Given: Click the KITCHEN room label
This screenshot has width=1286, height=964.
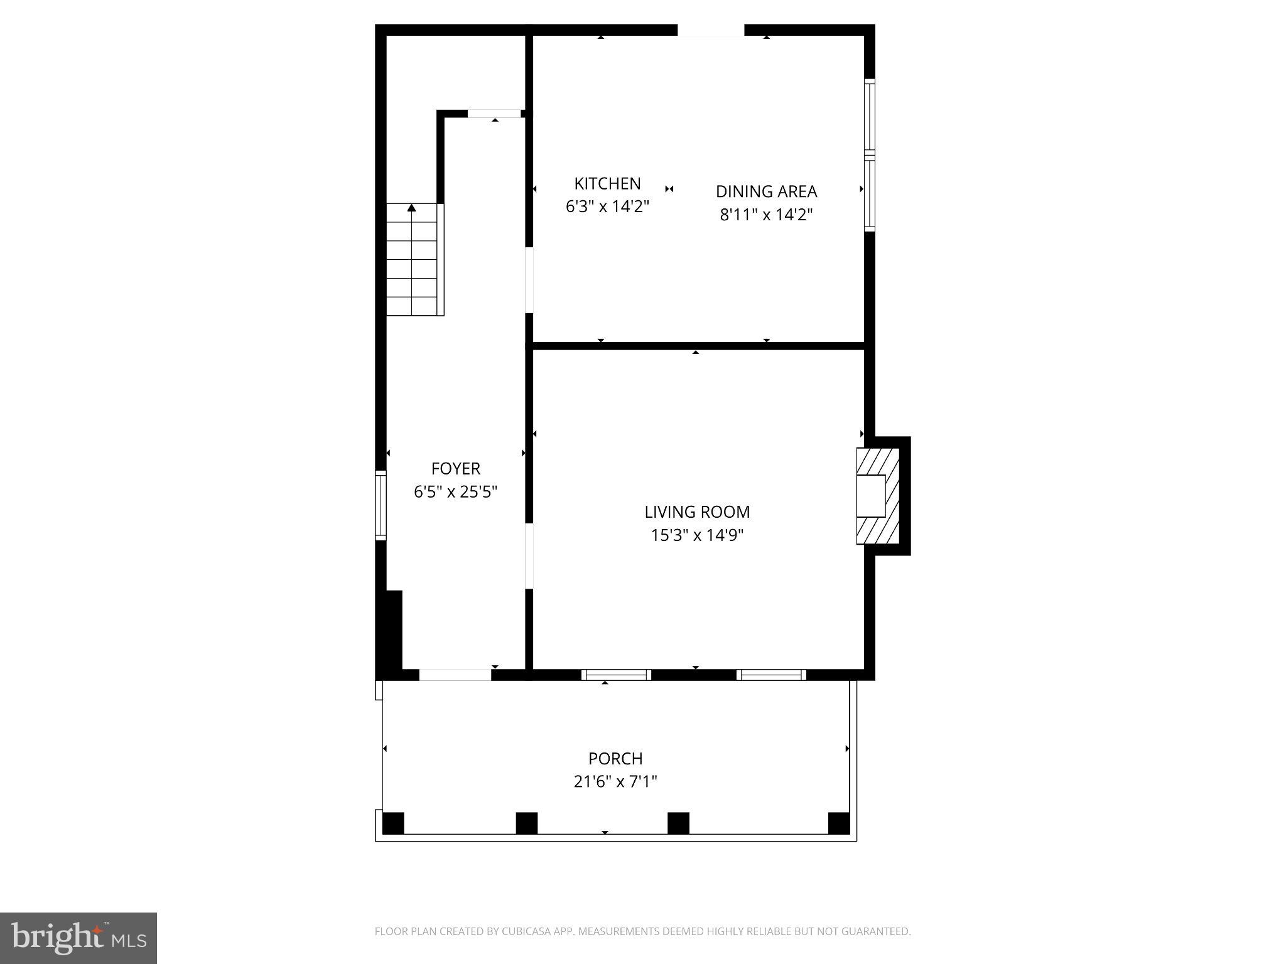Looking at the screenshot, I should [x=607, y=183].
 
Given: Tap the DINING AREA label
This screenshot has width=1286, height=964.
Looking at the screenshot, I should [x=766, y=191].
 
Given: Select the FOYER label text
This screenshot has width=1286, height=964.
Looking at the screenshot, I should [x=455, y=469].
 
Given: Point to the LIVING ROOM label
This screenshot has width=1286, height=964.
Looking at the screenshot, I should [x=697, y=512].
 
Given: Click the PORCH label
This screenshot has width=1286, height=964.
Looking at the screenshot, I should [x=615, y=759].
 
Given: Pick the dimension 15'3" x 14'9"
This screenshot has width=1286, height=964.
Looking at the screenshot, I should [x=697, y=535].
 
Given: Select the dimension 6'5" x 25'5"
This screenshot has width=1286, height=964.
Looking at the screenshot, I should [x=455, y=492].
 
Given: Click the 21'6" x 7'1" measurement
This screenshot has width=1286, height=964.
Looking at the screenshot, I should [x=615, y=782].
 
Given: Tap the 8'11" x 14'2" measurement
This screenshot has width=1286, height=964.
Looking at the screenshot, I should [x=766, y=215].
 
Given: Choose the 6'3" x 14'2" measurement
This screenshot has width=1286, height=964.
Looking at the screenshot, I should [x=607, y=206].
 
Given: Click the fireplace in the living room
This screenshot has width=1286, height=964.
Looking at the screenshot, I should [x=877, y=496].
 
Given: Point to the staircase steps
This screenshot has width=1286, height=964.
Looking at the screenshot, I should [x=411, y=264].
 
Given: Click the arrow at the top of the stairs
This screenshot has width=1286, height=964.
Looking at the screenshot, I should [x=411, y=208].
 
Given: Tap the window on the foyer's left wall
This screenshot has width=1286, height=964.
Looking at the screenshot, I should [x=381, y=505].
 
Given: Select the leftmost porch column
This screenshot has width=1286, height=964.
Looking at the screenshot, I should [x=393, y=823].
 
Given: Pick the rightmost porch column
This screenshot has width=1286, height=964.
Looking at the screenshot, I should [x=838, y=823].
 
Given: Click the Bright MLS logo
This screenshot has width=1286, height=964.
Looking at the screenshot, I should [x=78, y=938].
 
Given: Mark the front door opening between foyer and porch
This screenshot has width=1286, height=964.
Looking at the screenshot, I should [x=455, y=675].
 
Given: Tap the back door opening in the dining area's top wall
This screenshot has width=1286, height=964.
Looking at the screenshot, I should [x=711, y=30].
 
